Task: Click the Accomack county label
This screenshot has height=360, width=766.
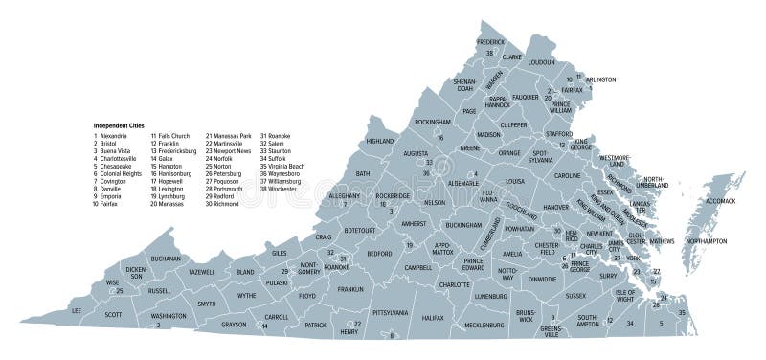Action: [720, 202]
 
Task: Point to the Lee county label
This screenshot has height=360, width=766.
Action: [78, 311]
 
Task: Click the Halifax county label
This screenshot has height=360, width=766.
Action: [433, 316]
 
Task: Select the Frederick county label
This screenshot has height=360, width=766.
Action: [490, 42]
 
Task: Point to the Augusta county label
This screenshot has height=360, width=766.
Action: [416, 152]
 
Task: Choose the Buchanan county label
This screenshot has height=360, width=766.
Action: [166, 258]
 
